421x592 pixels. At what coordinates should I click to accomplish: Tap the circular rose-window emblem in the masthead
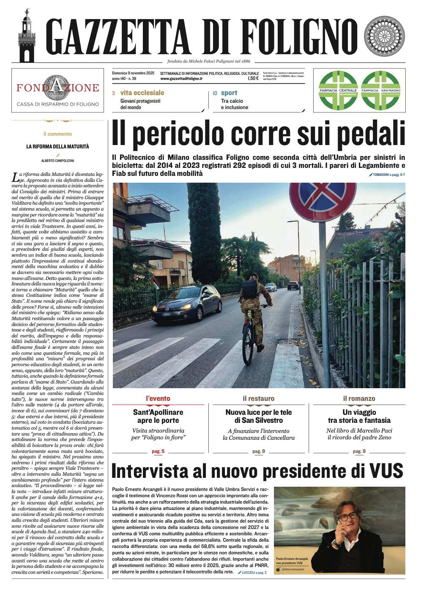384,37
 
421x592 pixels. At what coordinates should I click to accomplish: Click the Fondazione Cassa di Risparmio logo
58,90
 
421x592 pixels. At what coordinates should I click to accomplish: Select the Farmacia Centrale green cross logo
338,90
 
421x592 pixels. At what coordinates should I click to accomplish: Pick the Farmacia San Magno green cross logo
380,90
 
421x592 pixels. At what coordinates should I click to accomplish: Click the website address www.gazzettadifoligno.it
181,79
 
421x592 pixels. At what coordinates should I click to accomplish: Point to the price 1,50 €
253,79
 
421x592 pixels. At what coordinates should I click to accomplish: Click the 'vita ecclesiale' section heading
142,93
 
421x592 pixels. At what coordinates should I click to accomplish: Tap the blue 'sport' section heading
229,93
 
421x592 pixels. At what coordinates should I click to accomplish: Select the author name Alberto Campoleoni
57,161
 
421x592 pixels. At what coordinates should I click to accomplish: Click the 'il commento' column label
57,134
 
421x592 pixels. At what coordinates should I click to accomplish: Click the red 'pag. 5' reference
158,451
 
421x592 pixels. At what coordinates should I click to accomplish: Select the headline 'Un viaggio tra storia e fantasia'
359,416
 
